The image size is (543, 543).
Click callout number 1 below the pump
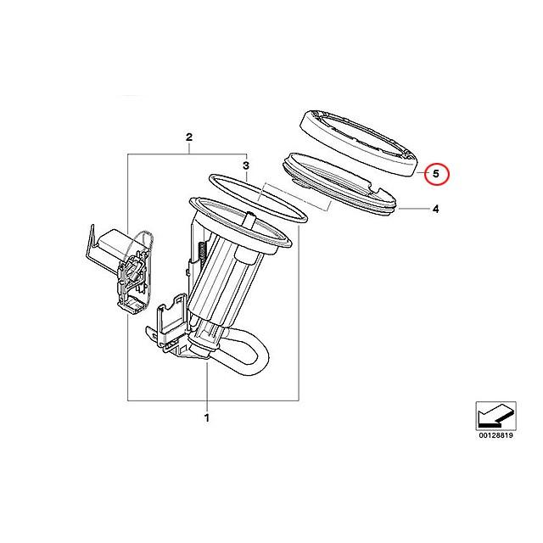point(206,417)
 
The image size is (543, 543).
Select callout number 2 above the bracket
point(189,137)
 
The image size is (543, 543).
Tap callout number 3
point(245,165)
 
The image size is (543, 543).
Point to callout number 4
point(434,208)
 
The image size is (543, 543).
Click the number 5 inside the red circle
point(436,175)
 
